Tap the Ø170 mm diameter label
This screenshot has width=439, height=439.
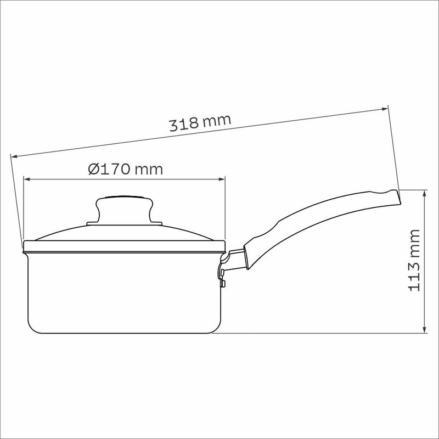click(x=126, y=169)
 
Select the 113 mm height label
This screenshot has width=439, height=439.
click(x=415, y=260)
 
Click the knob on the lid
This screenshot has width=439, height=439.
click(x=125, y=209)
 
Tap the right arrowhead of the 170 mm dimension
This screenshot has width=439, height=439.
click(x=222, y=179)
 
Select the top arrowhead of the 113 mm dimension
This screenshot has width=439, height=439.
click(x=425, y=193)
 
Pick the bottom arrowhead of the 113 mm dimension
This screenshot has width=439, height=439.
click(x=425, y=330)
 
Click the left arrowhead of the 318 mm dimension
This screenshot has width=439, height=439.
click(x=14, y=156)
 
